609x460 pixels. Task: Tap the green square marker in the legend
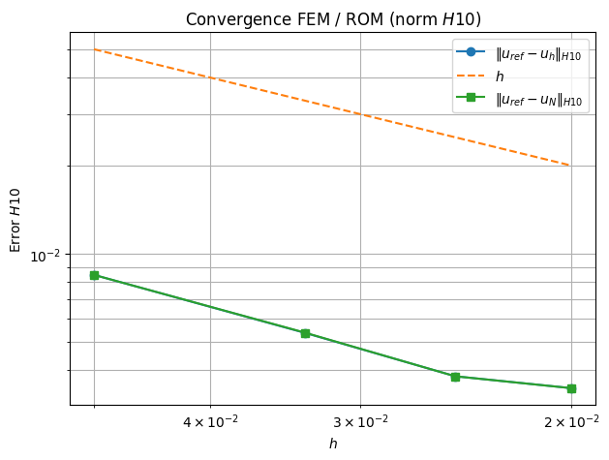click(471, 99)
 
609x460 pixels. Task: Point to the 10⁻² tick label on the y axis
click(46, 256)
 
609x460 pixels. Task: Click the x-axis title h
click(333, 444)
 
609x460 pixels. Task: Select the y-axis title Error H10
click(15, 220)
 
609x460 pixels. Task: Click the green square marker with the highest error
click(94, 275)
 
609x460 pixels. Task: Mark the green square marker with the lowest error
click(571, 388)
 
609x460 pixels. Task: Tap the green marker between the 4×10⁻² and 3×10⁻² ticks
click(305, 333)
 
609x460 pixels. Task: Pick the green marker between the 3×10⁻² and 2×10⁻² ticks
click(455, 376)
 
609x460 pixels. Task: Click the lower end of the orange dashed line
click(570, 166)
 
